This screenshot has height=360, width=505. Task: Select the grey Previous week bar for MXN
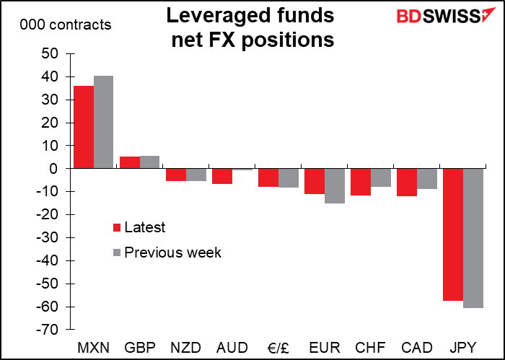(103, 122)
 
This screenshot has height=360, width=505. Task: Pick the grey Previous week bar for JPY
(473, 238)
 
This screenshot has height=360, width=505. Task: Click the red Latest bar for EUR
(314, 181)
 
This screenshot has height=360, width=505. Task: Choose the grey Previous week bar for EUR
(334, 185)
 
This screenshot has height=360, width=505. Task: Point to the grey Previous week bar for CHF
(380, 177)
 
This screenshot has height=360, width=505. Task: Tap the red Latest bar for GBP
(129, 162)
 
